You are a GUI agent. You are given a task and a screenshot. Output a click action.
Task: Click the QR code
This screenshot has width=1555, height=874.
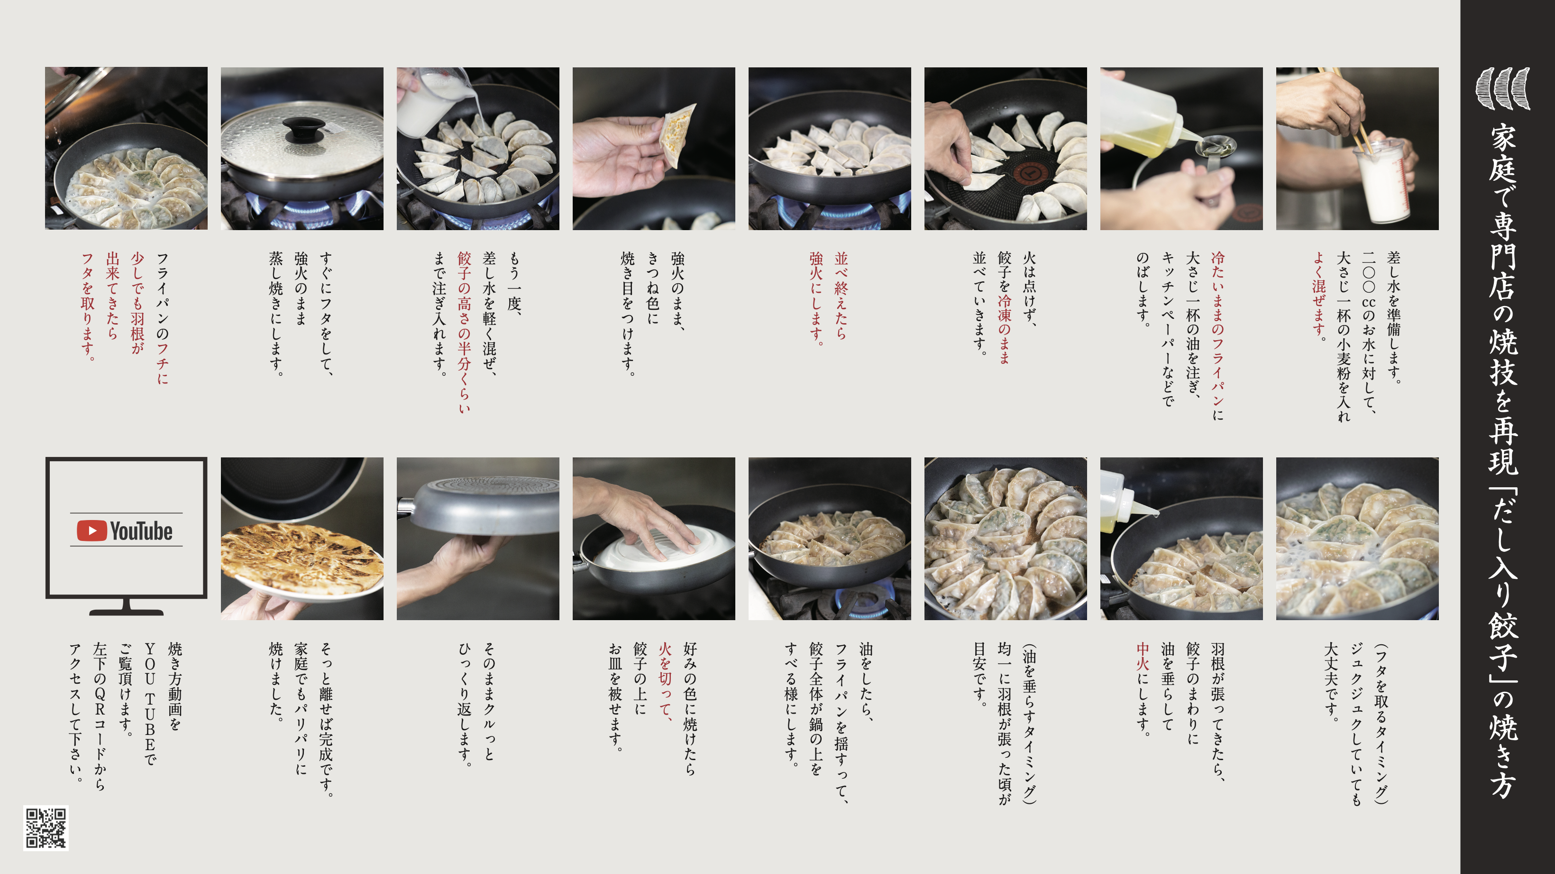point(46,828)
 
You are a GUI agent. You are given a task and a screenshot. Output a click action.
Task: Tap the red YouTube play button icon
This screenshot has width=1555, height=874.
point(92,531)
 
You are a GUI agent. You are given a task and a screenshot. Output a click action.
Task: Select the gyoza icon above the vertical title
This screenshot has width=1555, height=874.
point(1502,88)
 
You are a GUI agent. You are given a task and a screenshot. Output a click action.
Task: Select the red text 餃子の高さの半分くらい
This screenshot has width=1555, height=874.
point(464,333)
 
